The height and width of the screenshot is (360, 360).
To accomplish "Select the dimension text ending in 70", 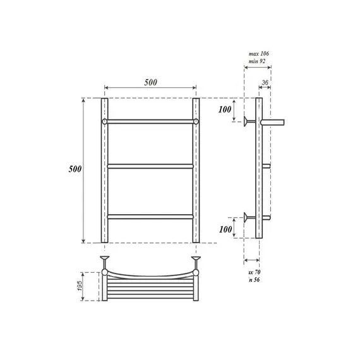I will tap(255, 272).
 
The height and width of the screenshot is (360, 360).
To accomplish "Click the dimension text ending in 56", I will tap(255, 280).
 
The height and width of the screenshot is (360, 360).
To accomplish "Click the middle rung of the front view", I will tap(150, 167).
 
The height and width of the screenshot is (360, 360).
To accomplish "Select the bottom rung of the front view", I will tap(150, 217).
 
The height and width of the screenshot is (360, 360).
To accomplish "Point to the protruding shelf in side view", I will tap(274, 120).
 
